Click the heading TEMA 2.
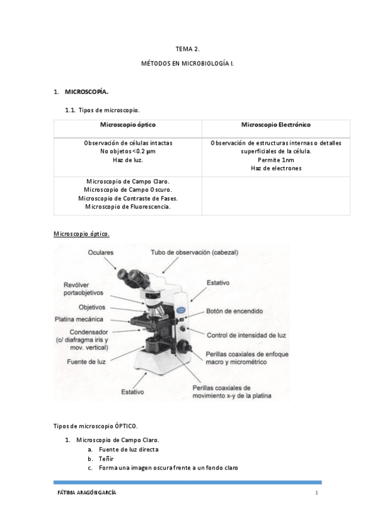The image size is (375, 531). tap(187, 48)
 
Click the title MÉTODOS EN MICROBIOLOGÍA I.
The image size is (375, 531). tap(187, 64)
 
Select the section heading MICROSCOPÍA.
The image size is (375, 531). tap(86, 92)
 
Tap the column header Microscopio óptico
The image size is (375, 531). tap(128, 125)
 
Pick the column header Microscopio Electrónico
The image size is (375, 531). tap(275, 125)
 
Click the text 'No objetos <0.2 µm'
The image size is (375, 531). tap(128, 152)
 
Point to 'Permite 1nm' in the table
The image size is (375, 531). tap(275, 160)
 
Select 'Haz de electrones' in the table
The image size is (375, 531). tap(275, 168)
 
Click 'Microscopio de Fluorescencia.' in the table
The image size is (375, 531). tap(128, 207)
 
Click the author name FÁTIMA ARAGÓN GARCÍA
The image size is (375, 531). tap(86, 493)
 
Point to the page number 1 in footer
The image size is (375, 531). tap(317, 493)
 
